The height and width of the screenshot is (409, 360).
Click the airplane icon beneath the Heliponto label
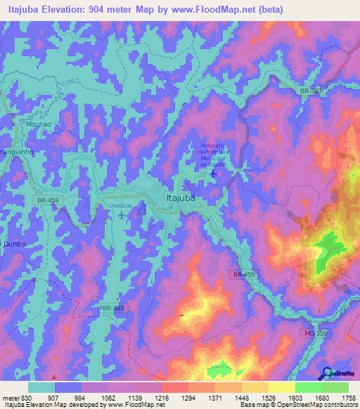click(x=214, y=172)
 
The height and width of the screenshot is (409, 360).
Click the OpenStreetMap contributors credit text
click(x=318, y=405)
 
